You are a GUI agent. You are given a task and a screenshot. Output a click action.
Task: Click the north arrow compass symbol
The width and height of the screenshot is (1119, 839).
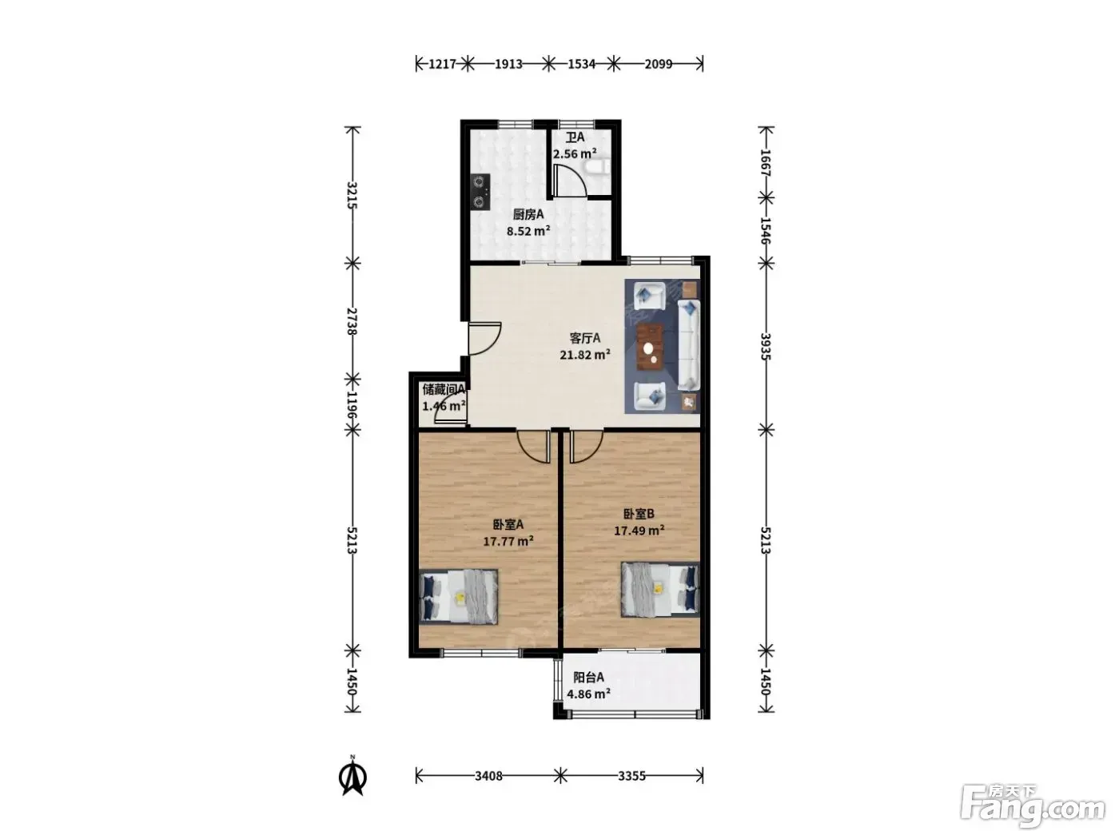(x=352, y=777)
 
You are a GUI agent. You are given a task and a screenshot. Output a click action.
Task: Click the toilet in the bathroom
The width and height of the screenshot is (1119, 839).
(x=599, y=167)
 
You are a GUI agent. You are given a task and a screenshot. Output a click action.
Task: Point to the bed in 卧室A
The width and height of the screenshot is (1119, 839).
(x=458, y=597)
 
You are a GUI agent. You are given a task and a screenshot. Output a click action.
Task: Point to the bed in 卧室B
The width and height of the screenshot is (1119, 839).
(x=659, y=590)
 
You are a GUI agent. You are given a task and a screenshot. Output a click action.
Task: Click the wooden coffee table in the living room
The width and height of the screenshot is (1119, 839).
(x=651, y=347)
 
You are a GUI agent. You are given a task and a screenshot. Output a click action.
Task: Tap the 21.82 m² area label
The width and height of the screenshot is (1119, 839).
(x=585, y=355)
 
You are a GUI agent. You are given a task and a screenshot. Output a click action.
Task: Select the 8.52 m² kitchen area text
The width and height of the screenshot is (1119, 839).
(x=528, y=231)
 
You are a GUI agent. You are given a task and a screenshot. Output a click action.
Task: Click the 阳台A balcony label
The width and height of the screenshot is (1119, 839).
(x=588, y=678)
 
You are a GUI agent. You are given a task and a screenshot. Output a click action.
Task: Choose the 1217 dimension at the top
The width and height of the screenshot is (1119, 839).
(x=442, y=64)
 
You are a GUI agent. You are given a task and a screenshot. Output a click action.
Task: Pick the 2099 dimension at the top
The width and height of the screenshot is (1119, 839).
(x=658, y=64)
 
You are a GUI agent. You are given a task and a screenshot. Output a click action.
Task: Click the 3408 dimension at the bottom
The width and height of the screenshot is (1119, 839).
(x=488, y=776)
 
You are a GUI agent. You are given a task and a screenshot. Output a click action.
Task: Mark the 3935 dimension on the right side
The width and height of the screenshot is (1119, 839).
(x=765, y=347)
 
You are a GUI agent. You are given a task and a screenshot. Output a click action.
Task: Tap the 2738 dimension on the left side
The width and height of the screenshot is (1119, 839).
(x=352, y=321)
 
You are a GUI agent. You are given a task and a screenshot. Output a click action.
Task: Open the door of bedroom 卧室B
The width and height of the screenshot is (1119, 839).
(x=586, y=447)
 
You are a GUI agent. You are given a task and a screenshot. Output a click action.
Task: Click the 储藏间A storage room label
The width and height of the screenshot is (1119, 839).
(x=444, y=390)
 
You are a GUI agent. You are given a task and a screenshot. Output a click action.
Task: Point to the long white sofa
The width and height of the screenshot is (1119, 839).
(x=688, y=345)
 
